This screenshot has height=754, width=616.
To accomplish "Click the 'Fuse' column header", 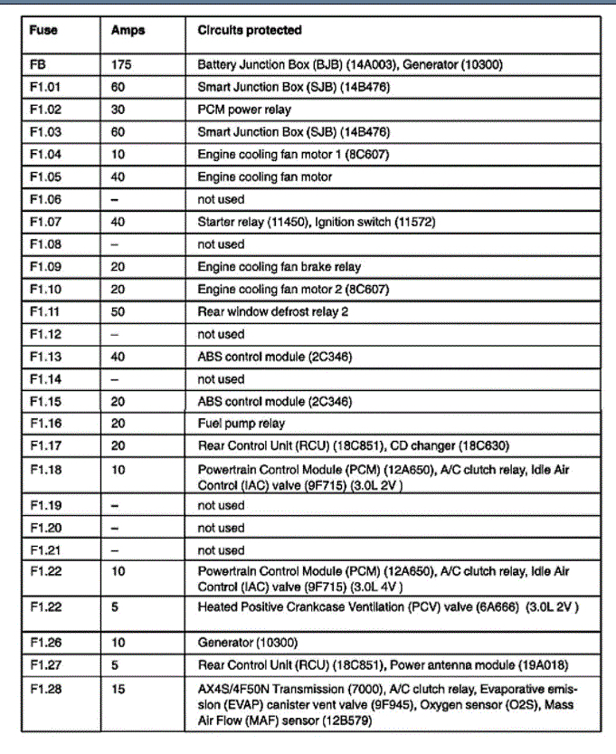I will (x=43, y=31).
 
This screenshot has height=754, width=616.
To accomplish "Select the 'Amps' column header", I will (x=128, y=31).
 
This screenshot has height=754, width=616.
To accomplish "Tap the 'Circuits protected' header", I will (x=250, y=31).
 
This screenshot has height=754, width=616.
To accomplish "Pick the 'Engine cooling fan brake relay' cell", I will (x=279, y=267).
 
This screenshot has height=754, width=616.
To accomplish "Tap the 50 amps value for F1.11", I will (x=118, y=311).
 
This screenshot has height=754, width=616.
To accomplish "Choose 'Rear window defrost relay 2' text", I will (x=273, y=311).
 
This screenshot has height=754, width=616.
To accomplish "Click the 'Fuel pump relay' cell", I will (x=241, y=424).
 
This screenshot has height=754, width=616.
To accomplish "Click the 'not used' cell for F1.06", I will (x=221, y=199).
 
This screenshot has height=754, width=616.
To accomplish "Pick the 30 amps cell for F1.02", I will (x=118, y=110).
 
